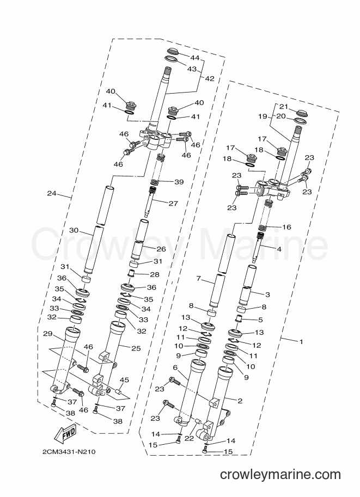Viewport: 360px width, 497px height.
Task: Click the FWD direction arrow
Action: coord(66,434)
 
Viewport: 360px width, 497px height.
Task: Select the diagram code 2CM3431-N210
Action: coord(69,452)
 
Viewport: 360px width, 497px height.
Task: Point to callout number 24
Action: coord(51,193)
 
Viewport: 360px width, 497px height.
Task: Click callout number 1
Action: coord(301,342)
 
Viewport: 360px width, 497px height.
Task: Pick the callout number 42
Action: coord(210,78)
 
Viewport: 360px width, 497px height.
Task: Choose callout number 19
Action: coord(263,116)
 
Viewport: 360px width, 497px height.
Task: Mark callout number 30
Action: coord(74,230)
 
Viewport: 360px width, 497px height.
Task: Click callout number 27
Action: coord(173,203)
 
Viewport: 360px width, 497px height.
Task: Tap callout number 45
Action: coord(124,380)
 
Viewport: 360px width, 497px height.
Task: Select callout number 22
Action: coord(189,438)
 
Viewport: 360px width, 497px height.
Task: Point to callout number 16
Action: coord(286,227)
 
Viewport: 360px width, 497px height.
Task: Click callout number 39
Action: coord(179,182)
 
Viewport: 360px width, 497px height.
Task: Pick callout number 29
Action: coord(47,334)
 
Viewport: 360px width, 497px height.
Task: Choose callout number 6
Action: coord(175,367)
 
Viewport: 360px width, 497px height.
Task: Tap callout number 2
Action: coord(240,401)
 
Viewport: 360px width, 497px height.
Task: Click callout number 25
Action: coord(136,348)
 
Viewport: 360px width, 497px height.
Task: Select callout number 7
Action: coord(199,278)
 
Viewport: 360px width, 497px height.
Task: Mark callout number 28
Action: coord(155,274)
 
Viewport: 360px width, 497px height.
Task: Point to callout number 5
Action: coord(260,320)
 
